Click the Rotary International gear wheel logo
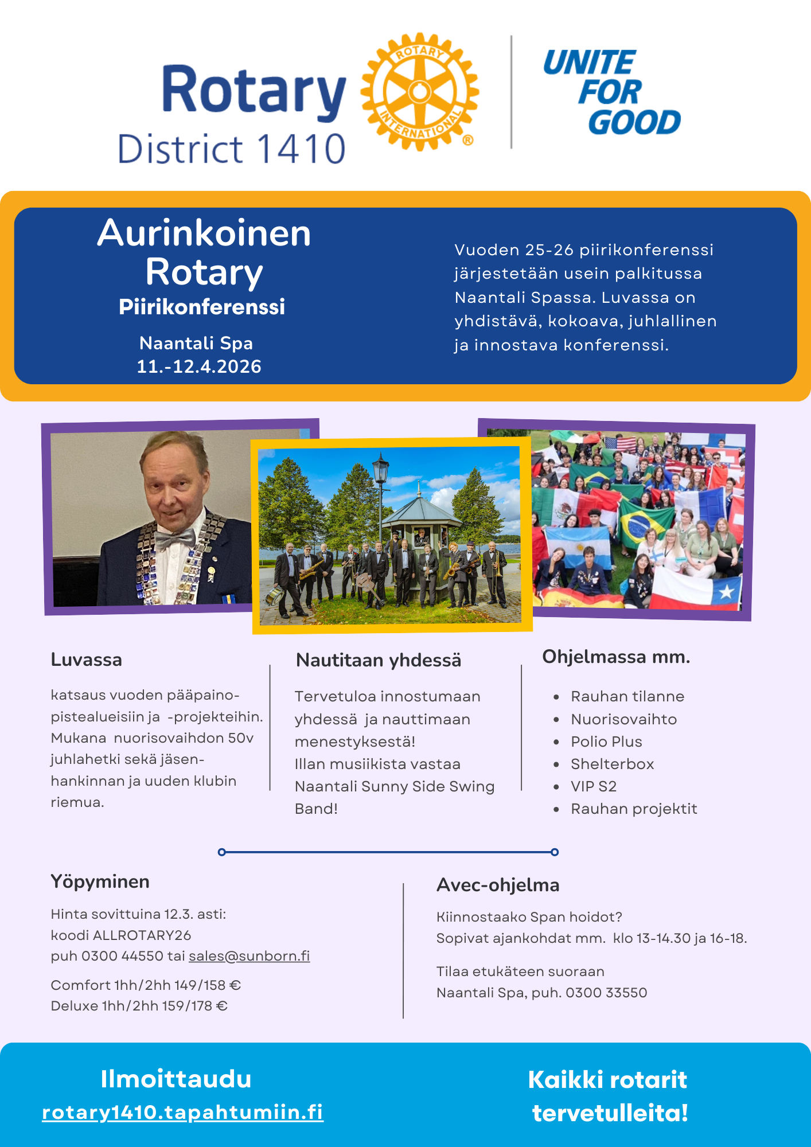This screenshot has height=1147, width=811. point(420,92)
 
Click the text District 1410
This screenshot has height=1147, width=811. point(232,149)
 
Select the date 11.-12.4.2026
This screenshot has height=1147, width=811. point(199,366)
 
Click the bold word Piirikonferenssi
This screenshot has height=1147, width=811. point(202,307)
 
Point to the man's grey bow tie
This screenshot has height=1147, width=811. point(175,540)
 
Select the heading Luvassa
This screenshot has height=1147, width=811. point(87,660)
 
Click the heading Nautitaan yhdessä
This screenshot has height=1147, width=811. point(379,660)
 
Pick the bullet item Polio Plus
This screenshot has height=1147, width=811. point(606,742)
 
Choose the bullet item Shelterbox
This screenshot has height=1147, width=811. point(612,764)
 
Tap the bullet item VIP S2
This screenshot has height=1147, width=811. point(594,786)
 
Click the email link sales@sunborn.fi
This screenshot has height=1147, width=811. point(249,956)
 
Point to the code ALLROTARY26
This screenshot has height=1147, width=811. point(142,935)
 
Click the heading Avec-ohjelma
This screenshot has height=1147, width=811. point(498,885)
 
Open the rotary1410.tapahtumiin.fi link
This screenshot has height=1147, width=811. point(183,1112)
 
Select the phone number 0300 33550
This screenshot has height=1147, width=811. point(606,993)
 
